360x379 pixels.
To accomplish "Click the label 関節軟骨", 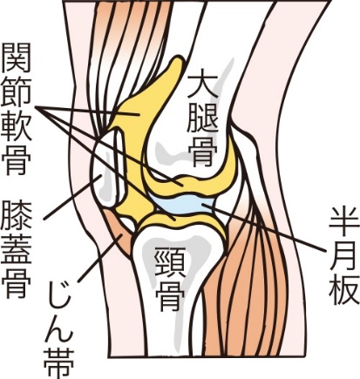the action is (17, 109).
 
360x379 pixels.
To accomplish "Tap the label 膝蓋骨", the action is (17, 250).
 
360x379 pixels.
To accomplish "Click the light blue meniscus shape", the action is (183, 204).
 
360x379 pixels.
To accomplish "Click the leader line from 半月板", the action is (263, 227).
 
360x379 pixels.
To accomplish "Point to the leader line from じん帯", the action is (99, 258).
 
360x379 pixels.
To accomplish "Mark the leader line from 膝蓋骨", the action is (72, 197).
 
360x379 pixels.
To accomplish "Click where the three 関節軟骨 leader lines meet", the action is (36, 107).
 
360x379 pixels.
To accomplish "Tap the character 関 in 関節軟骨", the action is (17, 58).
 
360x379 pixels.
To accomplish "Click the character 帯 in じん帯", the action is (59, 363).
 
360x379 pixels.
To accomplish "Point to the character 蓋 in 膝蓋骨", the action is (17, 250).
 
